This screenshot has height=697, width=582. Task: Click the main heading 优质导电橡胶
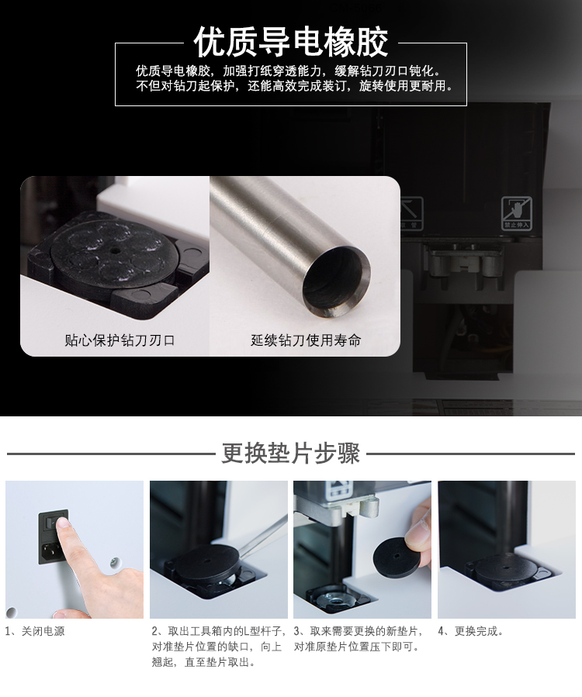tap(291, 42)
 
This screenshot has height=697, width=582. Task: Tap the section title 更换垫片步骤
tap(290, 454)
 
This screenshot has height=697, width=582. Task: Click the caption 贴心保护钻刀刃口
tap(120, 340)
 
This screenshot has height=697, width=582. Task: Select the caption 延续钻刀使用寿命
tap(306, 340)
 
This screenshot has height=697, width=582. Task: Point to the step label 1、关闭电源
tap(35, 631)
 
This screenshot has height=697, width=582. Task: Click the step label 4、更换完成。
tap(471, 631)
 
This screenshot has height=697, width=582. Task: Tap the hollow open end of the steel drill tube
tap(336, 283)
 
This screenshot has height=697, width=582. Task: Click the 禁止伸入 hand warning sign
tap(517, 213)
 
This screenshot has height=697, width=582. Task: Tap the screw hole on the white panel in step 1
tap(115, 563)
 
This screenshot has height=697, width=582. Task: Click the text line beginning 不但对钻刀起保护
tap(295, 85)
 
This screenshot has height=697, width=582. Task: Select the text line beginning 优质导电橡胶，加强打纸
tap(289, 71)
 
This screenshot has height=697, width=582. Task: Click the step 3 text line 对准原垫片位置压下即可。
tap(357, 647)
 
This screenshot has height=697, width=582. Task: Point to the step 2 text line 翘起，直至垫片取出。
tap(204, 662)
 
